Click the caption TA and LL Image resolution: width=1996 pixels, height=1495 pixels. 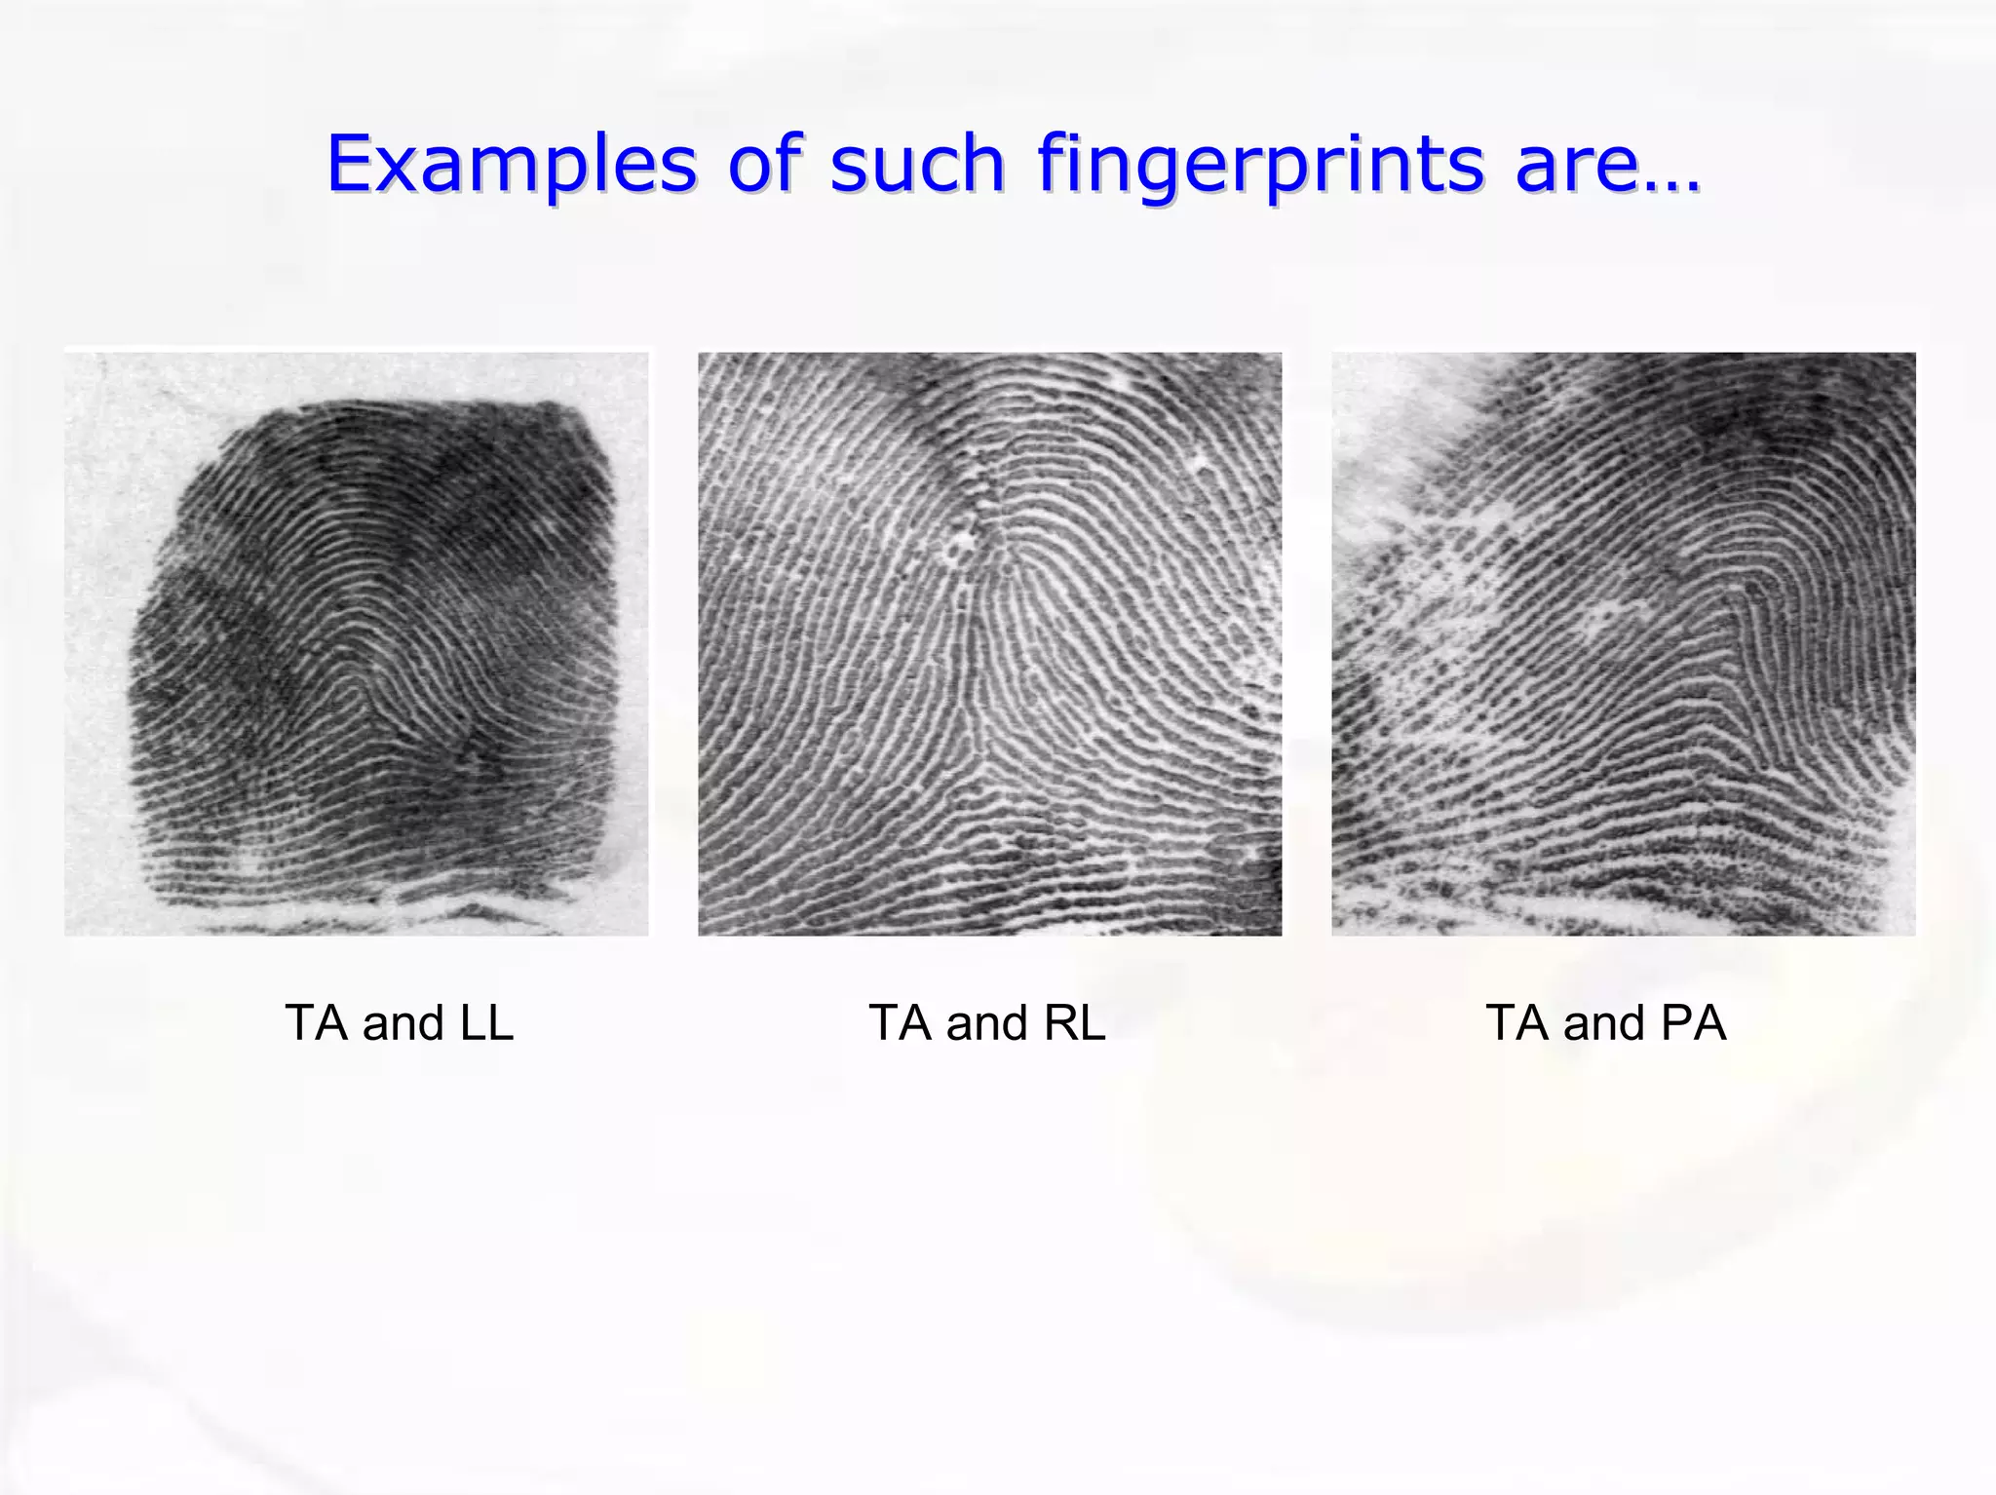coord(400,1023)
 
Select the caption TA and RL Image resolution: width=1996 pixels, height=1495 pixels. coord(987,1023)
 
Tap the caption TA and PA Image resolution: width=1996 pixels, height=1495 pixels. coord(1605,1023)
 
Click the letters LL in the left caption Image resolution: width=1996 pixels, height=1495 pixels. coord(486,1023)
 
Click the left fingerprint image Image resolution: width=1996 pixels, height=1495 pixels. coord(357,644)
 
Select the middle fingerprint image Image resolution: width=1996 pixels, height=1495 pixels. coord(990,644)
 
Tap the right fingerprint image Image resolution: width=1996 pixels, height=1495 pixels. coord(1624,644)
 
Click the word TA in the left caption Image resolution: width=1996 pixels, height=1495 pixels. coord(317,1023)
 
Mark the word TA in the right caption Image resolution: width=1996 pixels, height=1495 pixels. coord(1517,1023)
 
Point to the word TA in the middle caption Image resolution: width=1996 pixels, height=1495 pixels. coord(901,1023)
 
